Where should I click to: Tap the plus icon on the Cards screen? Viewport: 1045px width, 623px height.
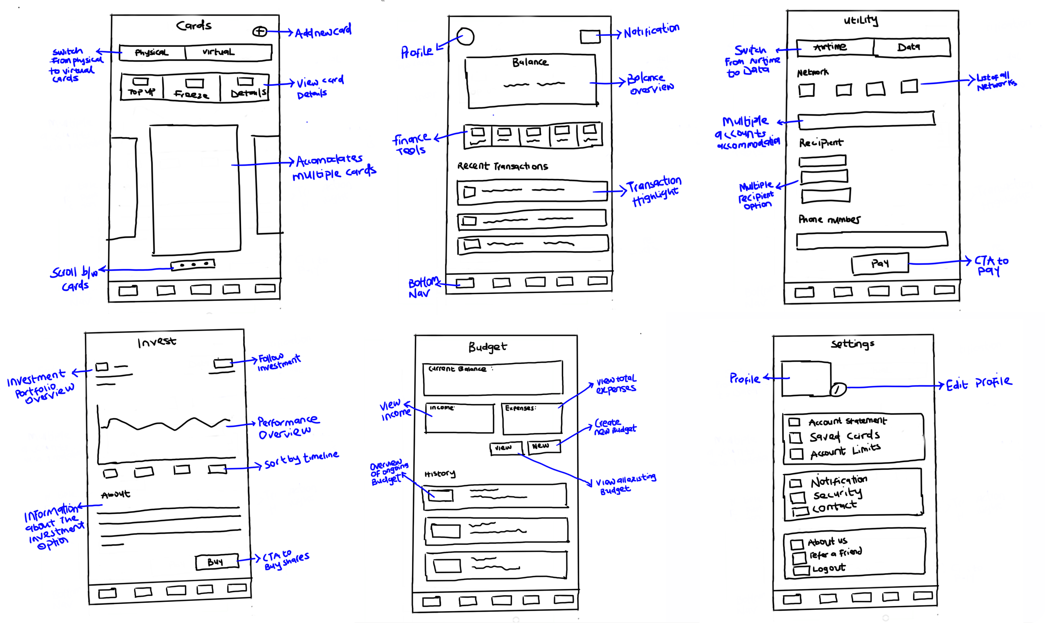click(x=260, y=31)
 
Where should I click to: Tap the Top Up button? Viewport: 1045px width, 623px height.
click(x=141, y=87)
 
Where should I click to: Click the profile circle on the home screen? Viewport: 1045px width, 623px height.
click(x=465, y=37)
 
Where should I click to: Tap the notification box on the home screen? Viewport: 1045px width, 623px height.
click(x=590, y=37)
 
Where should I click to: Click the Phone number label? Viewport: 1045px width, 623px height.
click(x=829, y=219)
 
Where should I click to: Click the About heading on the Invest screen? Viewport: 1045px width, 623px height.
click(x=116, y=495)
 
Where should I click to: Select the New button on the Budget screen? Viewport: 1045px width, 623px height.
click(x=543, y=446)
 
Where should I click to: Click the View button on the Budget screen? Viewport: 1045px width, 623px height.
click(x=506, y=448)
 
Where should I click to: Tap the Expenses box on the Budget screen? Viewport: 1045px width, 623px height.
click(x=532, y=419)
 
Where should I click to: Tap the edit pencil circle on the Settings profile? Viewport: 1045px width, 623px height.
click(x=838, y=390)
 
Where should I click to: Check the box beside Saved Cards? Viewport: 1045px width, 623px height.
click(x=795, y=438)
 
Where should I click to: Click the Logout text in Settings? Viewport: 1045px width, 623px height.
click(x=828, y=569)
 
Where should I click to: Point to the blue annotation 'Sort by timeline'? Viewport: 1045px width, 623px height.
click(x=301, y=460)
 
